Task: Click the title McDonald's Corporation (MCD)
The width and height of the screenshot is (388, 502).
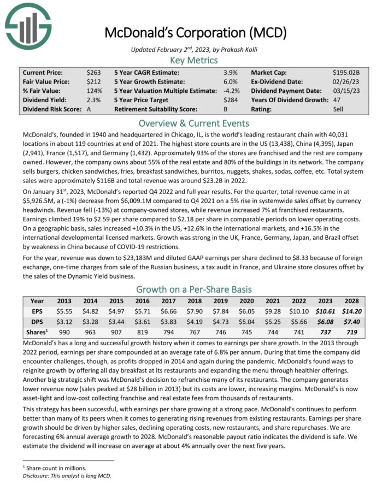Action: tap(194, 33)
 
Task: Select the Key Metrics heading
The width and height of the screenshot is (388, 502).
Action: tap(194, 60)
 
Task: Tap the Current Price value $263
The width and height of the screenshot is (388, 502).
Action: tap(93, 72)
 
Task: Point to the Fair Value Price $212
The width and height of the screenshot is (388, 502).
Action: tap(93, 81)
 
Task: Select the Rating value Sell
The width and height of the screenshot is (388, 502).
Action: tap(339, 109)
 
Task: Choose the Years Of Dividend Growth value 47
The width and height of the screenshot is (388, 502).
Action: tap(337, 100)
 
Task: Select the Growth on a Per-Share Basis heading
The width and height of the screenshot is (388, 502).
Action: tap(194, 289)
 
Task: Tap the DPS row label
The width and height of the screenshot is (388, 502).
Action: tap(37, 322)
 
